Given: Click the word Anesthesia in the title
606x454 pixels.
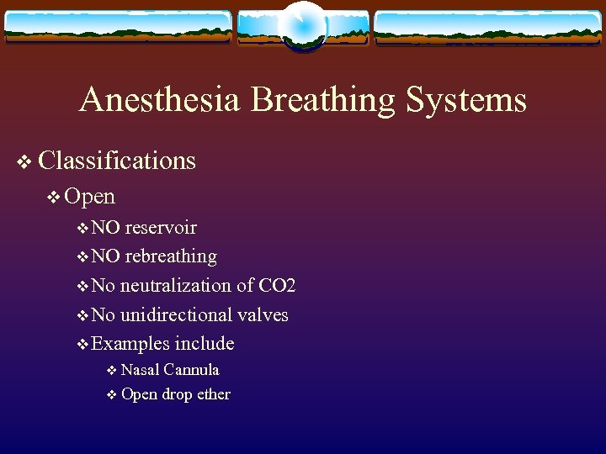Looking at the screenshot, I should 160,101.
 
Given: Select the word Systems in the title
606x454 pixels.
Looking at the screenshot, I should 465,101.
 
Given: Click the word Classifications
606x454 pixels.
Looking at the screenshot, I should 117,161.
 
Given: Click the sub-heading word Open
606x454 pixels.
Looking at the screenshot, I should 89,197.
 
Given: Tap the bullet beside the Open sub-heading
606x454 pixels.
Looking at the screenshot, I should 54,198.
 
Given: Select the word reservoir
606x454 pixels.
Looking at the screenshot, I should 161,228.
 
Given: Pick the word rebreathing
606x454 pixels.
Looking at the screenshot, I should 171,256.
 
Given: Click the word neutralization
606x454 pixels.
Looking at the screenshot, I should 175,286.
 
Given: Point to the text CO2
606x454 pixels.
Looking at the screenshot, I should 277,286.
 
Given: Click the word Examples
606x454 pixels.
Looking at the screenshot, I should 130,344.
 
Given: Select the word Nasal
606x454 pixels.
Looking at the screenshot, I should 140,370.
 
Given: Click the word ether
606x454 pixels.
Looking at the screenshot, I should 212,394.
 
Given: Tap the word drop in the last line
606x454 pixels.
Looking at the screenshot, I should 177,395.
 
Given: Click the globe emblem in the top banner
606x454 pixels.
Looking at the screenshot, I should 303,25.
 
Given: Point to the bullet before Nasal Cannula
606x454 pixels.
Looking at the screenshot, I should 112,371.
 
